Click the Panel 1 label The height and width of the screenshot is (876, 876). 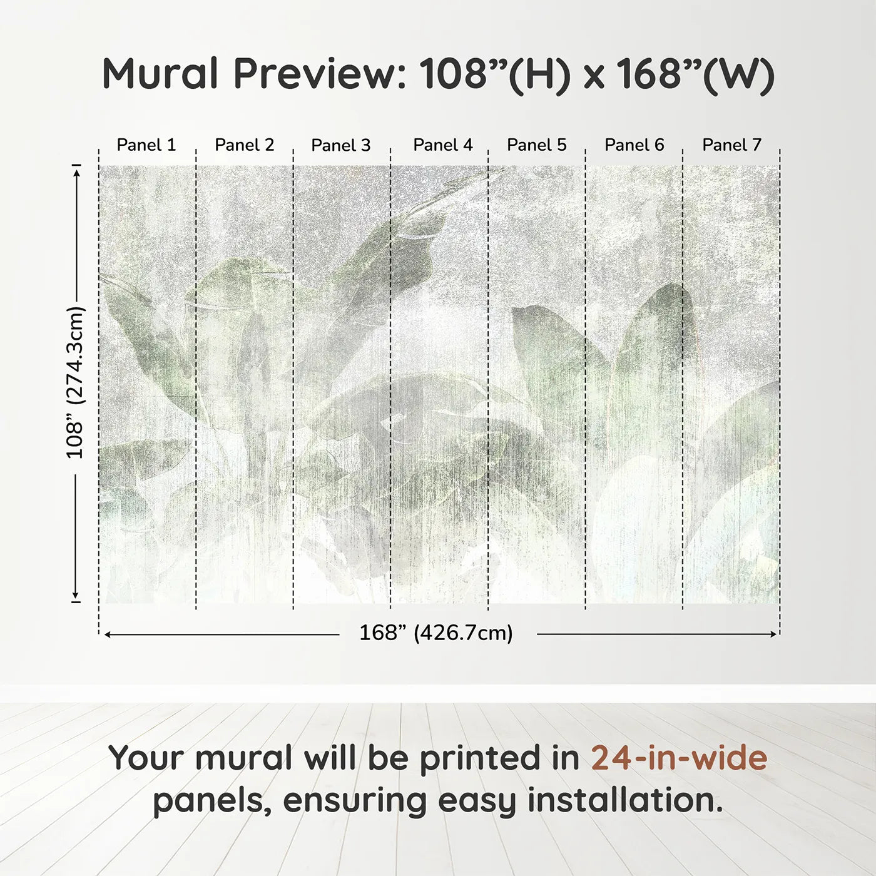146,145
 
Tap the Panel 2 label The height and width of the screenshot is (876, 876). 245,145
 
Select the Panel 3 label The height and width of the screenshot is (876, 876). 341,145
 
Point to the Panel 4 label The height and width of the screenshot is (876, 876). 443,145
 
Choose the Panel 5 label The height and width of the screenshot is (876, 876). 537,145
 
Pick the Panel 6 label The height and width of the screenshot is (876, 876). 634,145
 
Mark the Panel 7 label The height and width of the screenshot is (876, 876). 732,145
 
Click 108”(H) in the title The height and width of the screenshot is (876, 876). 495,74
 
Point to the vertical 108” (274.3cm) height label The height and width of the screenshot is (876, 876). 75,383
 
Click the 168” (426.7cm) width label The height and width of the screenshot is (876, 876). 435,633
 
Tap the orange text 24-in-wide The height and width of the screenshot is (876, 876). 679,758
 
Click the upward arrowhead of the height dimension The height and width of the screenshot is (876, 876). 76,170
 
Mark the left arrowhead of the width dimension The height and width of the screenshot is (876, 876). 108,634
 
